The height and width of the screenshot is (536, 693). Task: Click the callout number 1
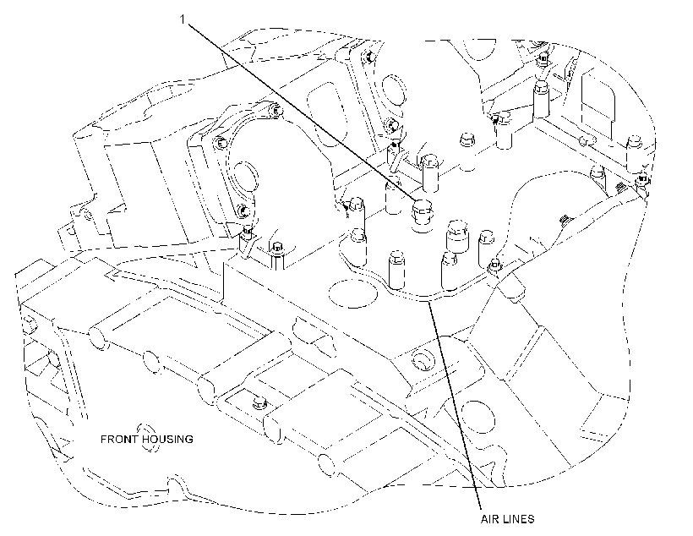coord(182,19)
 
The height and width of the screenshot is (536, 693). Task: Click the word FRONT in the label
coord(119,439)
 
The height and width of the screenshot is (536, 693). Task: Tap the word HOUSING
coord(167,439)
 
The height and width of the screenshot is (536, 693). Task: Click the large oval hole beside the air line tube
coord(352,293)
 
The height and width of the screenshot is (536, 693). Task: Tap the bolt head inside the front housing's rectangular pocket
coord(258,403)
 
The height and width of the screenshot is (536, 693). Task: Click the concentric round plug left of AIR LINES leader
coord(423,362)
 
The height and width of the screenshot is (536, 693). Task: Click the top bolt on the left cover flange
coord(275,109)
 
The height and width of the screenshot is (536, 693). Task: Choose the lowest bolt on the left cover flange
coord(242,211)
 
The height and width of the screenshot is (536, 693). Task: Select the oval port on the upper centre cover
coord(393,90)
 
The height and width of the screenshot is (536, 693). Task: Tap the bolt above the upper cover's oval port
coord(368,57)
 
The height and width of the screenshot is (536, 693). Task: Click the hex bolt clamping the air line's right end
coord(494,265)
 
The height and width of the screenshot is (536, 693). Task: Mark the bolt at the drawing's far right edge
coord(641,179)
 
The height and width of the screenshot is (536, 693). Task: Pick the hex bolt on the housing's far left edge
coord(29,324)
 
